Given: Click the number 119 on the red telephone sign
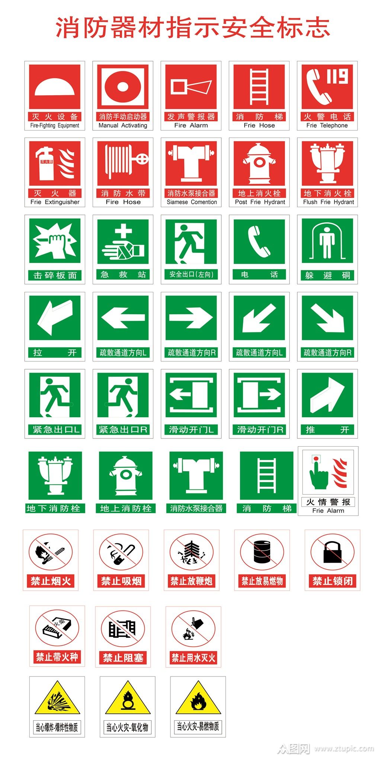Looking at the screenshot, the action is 337,77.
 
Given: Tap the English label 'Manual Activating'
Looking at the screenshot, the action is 123,126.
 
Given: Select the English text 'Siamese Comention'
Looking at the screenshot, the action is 192,202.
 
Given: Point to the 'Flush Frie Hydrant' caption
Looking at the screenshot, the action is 329,202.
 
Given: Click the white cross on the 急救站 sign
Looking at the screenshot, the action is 123,231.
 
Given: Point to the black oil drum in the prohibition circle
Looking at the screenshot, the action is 262,551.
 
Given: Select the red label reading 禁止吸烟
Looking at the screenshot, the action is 121,581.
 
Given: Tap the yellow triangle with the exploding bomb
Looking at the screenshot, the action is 57,699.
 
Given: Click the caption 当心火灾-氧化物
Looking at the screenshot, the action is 127,727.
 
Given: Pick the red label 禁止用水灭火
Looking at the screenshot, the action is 193,657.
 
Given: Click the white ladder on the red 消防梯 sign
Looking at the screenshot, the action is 259,87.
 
